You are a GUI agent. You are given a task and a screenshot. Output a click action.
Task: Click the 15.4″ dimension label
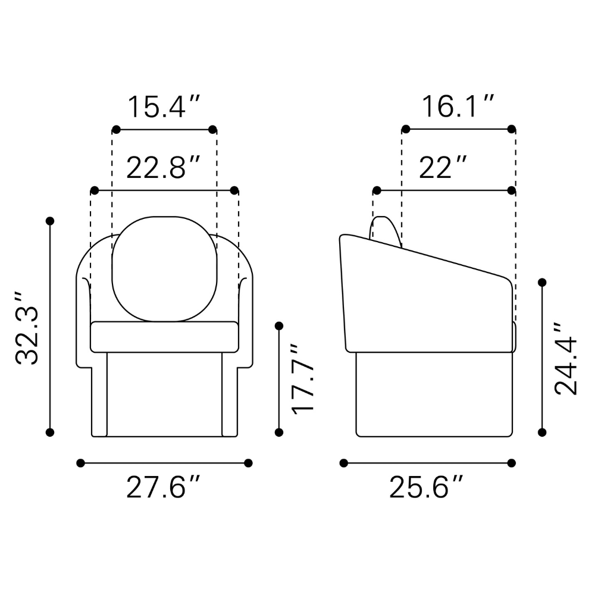[164, 107]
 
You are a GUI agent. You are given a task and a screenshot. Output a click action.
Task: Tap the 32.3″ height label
[27, 328]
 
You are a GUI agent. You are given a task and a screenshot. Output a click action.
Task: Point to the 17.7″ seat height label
[303, 378]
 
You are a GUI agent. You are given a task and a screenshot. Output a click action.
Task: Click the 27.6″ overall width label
[163, 487]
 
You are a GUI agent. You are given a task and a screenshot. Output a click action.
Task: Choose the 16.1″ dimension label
[458, 107]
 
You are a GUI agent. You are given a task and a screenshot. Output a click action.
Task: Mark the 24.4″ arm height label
[565, 359]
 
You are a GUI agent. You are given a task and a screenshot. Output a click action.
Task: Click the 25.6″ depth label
[427, 487]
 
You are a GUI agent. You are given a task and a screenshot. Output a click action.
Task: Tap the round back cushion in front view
[164, 269]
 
